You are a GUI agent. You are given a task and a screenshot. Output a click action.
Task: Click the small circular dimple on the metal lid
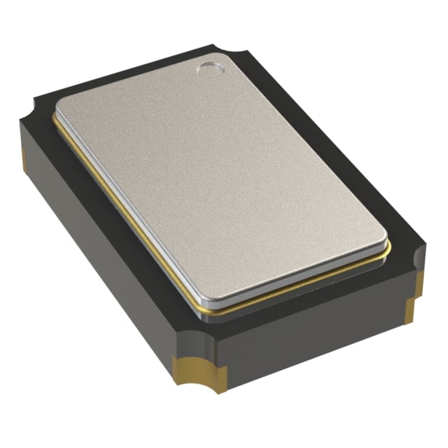click(x=209, y=68)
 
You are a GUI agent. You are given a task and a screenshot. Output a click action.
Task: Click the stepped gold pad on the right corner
click(x=416, y=294)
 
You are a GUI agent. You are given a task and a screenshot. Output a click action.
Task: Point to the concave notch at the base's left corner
click(x=31, y=112)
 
